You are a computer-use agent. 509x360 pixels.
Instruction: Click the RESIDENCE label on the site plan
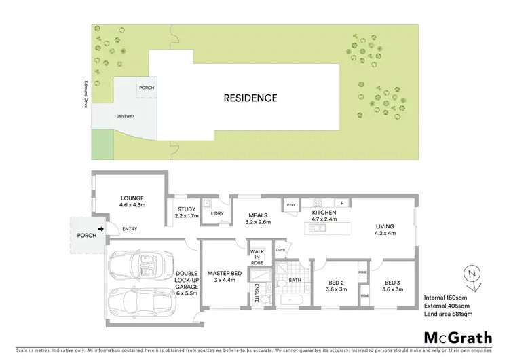[250, 98]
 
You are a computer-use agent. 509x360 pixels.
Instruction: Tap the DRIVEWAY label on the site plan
[125, 116]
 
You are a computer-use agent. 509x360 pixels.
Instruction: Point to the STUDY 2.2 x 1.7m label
[187, 213]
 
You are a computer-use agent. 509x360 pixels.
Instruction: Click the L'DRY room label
[217, 213]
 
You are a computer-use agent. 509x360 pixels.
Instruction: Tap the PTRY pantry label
[291, 205]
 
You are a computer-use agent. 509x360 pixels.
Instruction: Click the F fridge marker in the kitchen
[342, 203]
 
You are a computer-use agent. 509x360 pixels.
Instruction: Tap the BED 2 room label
[333, 286]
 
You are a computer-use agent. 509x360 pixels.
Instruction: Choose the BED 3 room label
[393, 286]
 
